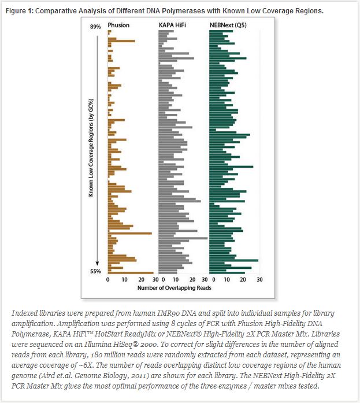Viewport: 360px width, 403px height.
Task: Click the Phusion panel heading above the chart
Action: click(x=118, y=25)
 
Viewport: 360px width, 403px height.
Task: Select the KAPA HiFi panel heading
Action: click(x=172, y=25)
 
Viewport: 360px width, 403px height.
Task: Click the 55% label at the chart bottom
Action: click(x=95, y=271)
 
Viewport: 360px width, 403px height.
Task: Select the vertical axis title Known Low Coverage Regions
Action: click(x=91, y=148)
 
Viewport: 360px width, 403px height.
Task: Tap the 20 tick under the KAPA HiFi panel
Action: click(x=190, y=279)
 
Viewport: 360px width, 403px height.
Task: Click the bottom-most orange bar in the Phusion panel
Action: click(x=131, y=272)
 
